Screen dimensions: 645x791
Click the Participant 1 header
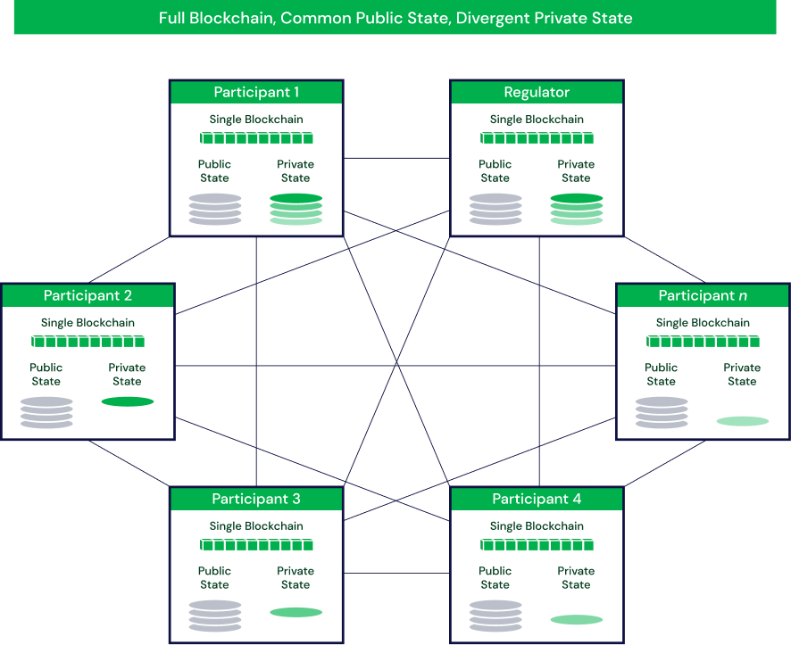pyautogui.click(x=256, y=93)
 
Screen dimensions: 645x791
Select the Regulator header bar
pyautogui.click(x=537, y=93)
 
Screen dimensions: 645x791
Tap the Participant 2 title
pyautogui.click(x=87, y=296)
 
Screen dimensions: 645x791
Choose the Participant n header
pyautogui.click(x=703, y=296)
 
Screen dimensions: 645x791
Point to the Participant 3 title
pyautogui.click(x=256, y=500)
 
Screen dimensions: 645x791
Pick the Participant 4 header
pyautogui.click(x=537, y=500)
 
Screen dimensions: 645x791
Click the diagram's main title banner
pyautogui.click(x=395, y=18)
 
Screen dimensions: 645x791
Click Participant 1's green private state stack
pyautogui.click(x=296, y=209)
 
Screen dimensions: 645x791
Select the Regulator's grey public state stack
pyautogui.click(x=495, y=209)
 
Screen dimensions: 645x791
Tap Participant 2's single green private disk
pyautogui.click(x=128, y=401)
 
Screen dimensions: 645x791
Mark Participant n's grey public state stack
pyautogui.click(x=662, y=412)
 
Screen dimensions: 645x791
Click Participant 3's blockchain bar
pyautogui.click(x=256, y=544)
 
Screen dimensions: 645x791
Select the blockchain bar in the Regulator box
pyautogui.click(x=537, y=137)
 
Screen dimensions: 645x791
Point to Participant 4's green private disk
pyautogui.click(x=576, y=619)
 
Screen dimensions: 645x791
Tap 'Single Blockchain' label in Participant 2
pyautogui.click(x=87, y=323)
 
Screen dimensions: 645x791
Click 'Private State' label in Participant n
pyautogui.click(x=742, y=374)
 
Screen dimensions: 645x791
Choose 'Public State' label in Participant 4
pyautogui.click(x=495, y=577)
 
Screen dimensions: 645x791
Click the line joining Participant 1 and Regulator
pyautogui.click(x=396, y=158)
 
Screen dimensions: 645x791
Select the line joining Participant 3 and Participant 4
pyautogui.click(x=396, y=573)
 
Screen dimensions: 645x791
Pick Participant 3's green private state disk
pyautogui.click(x=296, y=612)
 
